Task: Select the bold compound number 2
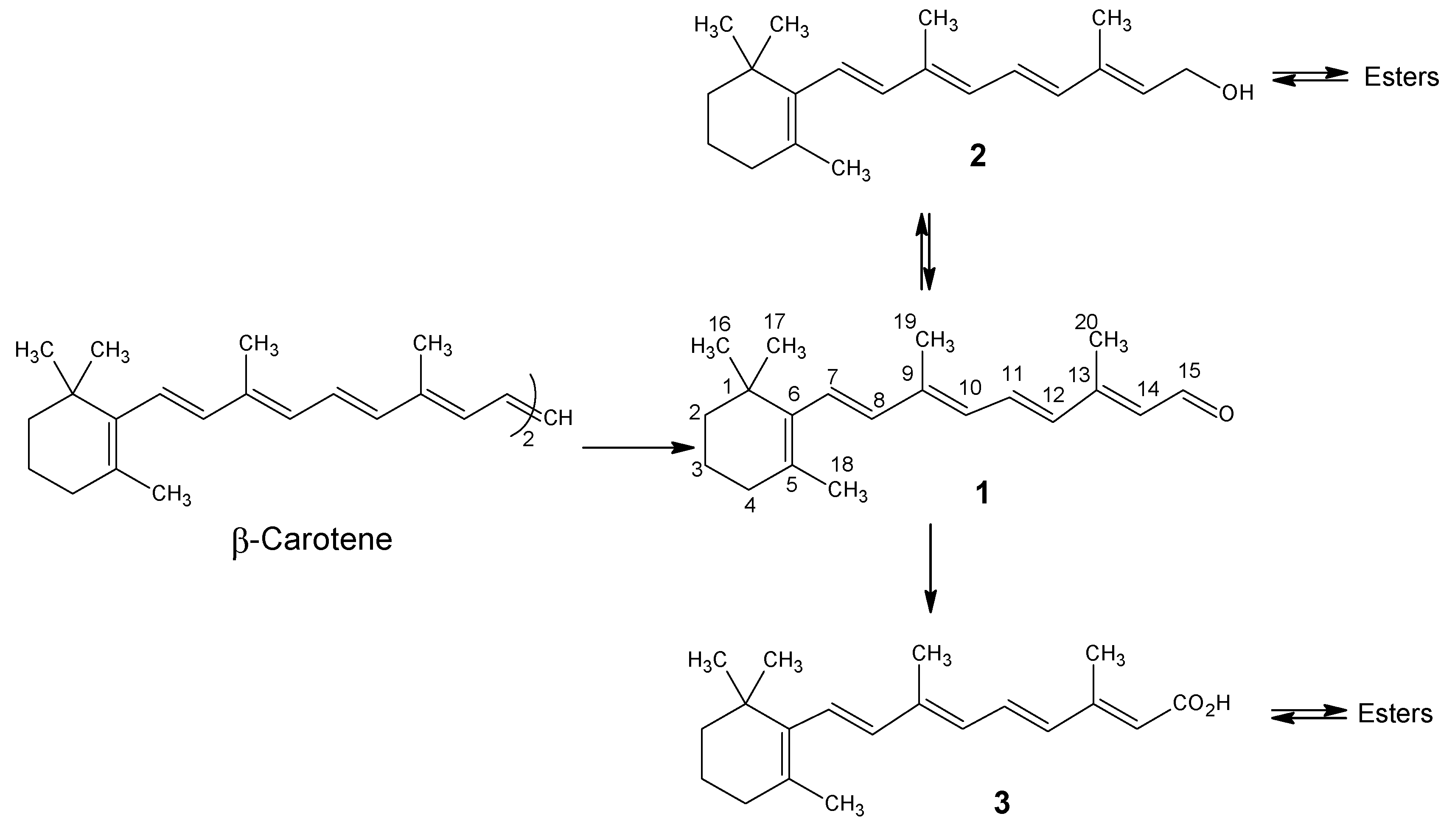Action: click(x=978, y=157)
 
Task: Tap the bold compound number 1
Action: click(x=981, y=493)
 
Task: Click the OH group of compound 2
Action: click(x=1237, y=92)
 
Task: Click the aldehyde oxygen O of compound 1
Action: click(x=1225, y=414)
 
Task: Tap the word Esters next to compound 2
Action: click(x=1401, y=77)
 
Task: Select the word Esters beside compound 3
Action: click(x=1395, y=713)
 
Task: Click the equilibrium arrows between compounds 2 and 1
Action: click(x=925, y=252)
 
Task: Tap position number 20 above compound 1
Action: click(x=1086, y=322)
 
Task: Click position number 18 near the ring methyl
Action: click(x=842, y=464)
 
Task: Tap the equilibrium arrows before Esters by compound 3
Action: click(x=1309, y=713)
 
